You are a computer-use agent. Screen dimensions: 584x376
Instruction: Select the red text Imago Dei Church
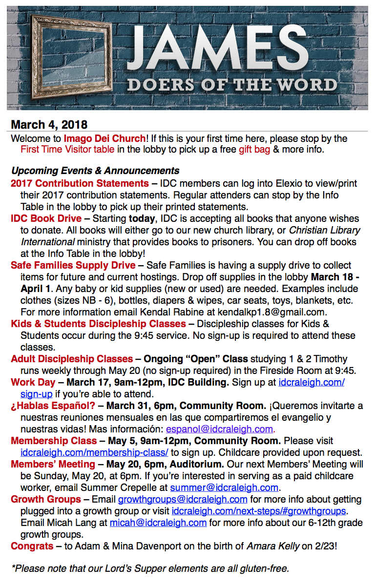click(104, 138)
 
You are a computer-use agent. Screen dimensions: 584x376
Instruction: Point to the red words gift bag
click(254, 149)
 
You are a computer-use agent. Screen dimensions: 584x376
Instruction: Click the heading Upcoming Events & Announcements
click(95, 171)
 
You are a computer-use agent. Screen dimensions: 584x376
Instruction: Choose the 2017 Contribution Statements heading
click(80, 184)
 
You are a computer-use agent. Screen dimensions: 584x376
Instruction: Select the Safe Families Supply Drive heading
click(73, 266)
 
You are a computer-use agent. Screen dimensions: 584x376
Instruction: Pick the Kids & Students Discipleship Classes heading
click(98, 324)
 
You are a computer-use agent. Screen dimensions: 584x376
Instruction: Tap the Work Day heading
click(32, 383)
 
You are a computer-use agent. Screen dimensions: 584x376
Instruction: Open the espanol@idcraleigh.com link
click(219, 429)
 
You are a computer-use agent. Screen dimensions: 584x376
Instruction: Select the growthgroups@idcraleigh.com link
click(183, 500)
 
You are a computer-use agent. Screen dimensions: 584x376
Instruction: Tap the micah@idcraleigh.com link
click(158, 523)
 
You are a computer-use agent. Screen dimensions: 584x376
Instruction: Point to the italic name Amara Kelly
click(272, 546)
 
